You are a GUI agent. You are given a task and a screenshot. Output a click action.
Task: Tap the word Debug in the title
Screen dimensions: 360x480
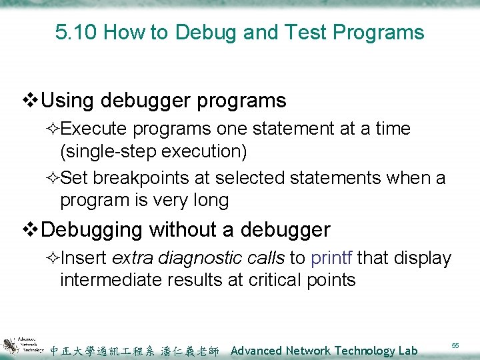click(x=194, y=32)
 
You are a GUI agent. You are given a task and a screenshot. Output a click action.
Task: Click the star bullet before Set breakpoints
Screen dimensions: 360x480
click(x=53, y=178)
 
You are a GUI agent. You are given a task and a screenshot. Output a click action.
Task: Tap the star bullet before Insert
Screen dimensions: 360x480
click(x=53, y=258)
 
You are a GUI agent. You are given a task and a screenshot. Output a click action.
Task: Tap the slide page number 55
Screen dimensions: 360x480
click(x=456, y=345)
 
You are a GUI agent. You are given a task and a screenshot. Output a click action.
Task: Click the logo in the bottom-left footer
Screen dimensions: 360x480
click(x=23, y=344)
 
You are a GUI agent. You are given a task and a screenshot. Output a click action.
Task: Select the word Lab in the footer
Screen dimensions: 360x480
click(x=406, y=351)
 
